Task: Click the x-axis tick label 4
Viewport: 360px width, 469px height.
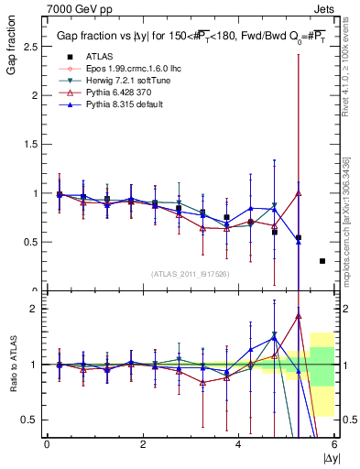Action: point(238,444)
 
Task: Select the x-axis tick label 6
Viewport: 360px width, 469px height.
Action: point(334,444)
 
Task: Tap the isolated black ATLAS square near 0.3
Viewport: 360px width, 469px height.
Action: point(322,261)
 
